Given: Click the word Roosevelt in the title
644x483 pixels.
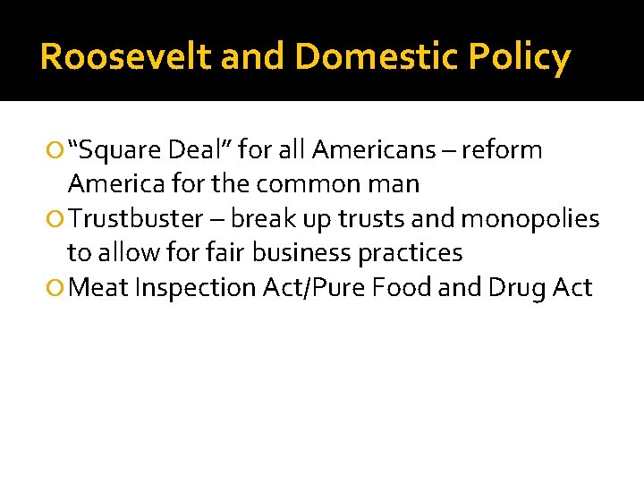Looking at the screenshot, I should [x=125, y=57].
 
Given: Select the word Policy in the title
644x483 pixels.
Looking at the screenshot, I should [x=519, y=57].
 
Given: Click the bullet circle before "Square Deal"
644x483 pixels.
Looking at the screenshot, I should [x=57, y=150].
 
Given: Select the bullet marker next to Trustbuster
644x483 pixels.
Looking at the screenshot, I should [x=57, y=219].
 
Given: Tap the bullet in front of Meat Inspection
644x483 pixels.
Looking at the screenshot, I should [x=57, y=288].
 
